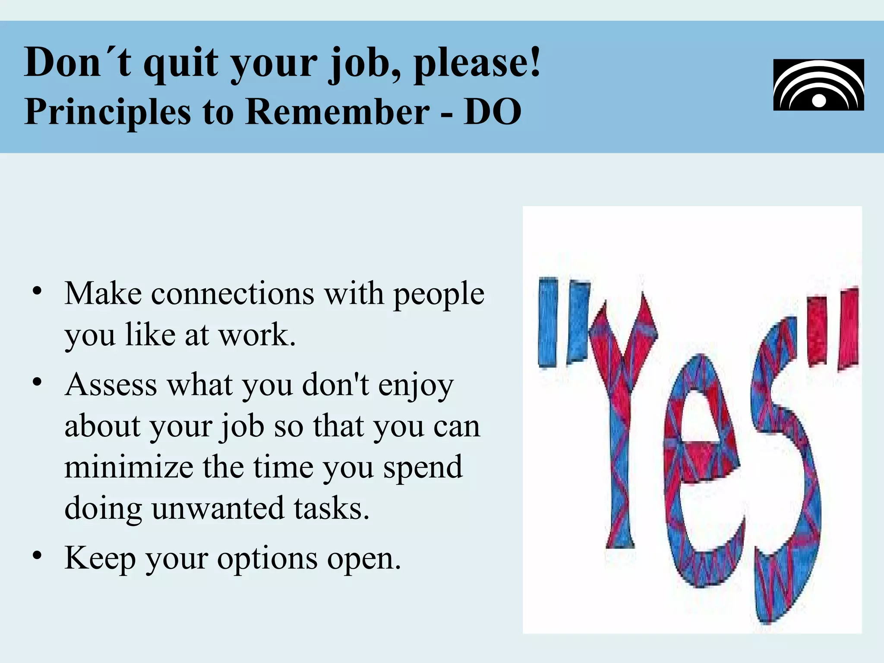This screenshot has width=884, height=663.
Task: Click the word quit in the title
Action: point(181,63)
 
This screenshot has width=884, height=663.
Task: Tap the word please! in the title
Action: point(477,63)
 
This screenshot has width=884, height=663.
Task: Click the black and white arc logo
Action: point(818,85)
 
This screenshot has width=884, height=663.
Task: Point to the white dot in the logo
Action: point(818,101)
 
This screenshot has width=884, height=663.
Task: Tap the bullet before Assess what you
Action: point(38,382)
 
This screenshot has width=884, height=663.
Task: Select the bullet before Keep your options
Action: point(38,555)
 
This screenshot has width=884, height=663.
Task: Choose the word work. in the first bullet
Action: point(257,335)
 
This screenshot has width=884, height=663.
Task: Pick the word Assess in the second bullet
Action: point(111,385)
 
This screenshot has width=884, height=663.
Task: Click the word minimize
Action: point(129,468)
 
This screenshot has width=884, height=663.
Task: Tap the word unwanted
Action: point(218,508)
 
